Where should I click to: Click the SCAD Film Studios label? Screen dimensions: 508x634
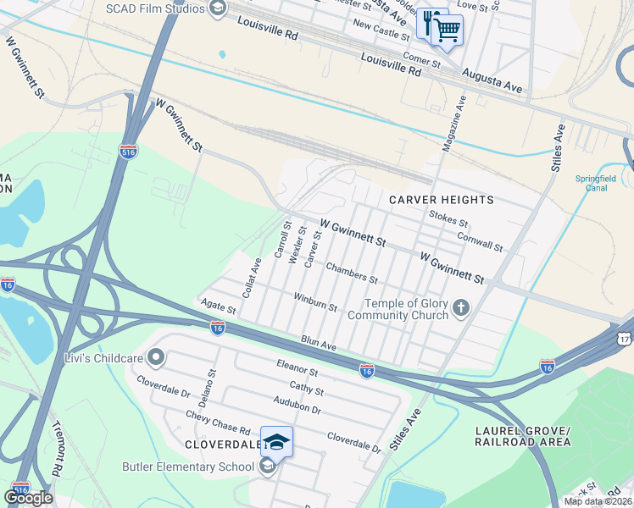click(x=154, y=8)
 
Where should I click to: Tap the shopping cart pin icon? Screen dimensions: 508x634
click(x=448, y=30)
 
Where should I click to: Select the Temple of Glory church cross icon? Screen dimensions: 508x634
click(x=460, y=307)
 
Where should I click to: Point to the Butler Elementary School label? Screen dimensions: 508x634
click(x=188, y=467)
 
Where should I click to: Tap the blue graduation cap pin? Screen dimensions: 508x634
click(x=276, y=441)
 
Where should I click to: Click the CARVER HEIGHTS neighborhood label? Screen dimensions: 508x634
click(x=441, y=200)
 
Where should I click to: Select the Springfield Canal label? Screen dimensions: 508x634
click(x=598, y=183)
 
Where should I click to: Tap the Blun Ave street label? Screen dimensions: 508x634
click(x=319, y=344)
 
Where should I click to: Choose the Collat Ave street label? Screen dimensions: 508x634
click(x=251, y=277)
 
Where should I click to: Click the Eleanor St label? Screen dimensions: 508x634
click(x=297, y=371)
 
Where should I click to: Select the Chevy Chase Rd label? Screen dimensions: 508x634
click(x=219, y=423)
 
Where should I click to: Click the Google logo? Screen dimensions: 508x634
click(x=27, y=498)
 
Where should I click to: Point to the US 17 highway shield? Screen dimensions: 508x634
click(x=626, y=337)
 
